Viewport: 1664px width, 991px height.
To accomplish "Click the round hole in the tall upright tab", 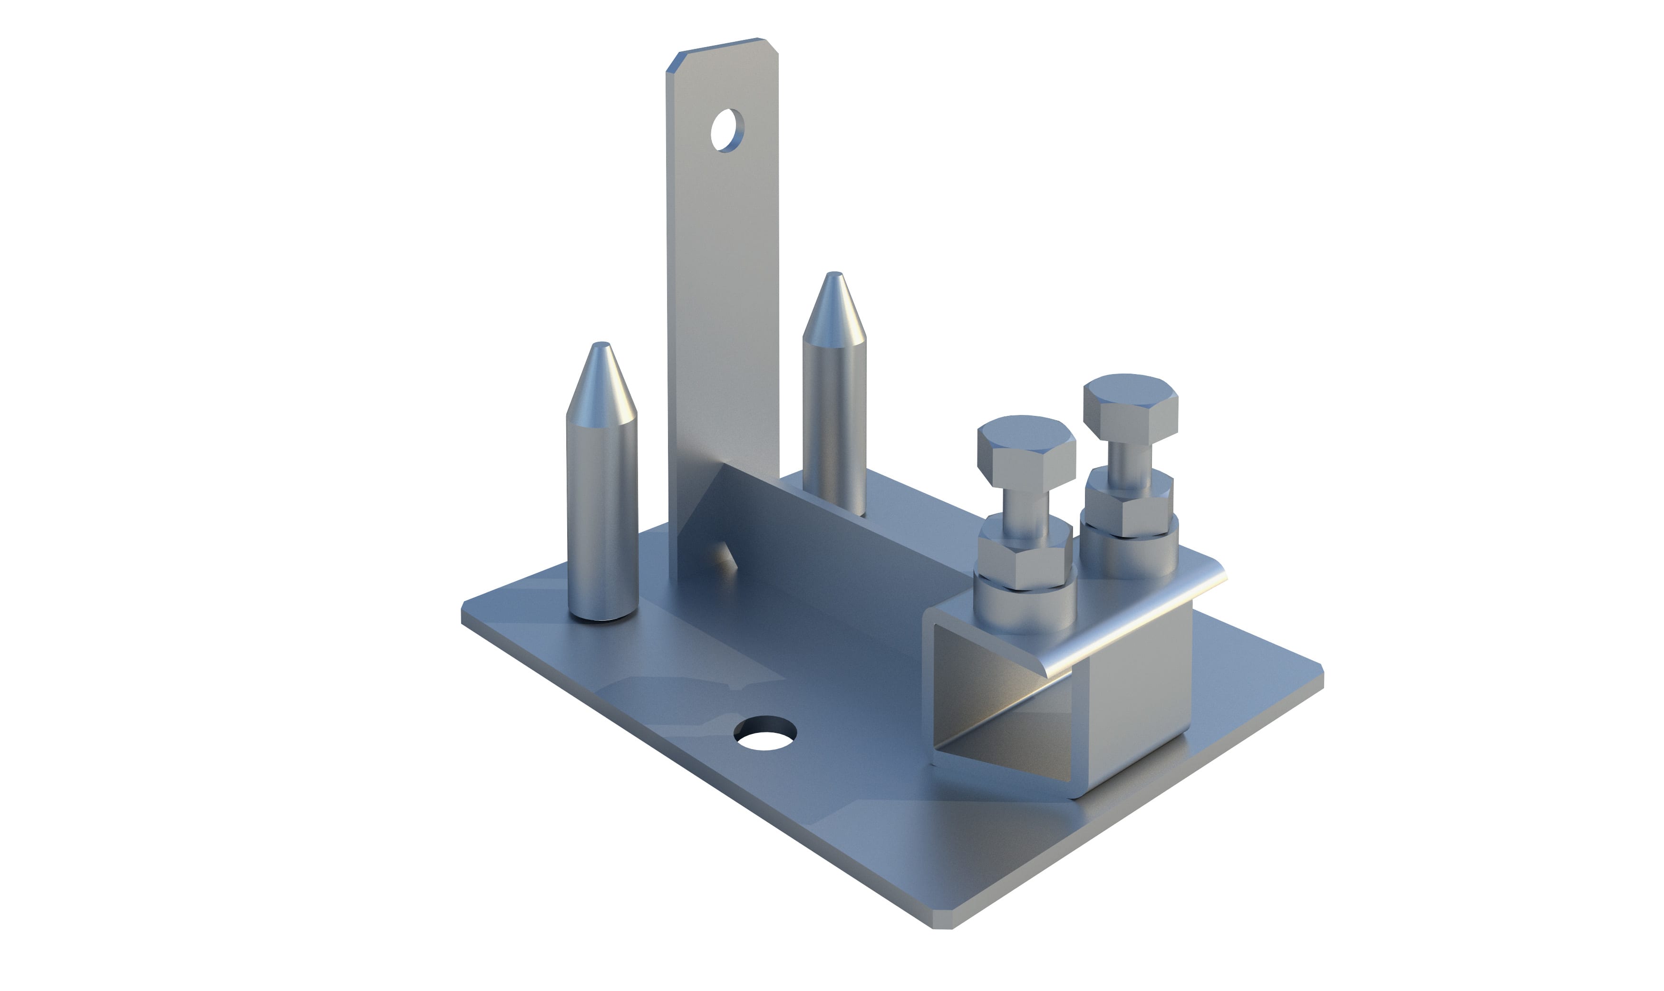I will coord(727,130).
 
